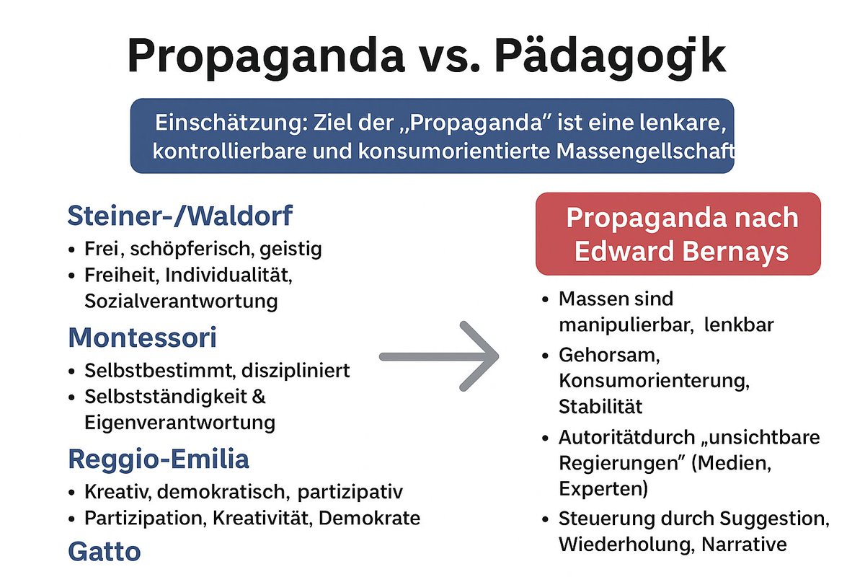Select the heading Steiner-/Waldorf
point(180,215)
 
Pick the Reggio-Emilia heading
point(159,459)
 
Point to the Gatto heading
point(104,552)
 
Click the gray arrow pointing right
point(440,356)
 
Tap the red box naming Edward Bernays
point(678,234)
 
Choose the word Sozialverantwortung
point(181,301)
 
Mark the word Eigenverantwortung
point(179,422)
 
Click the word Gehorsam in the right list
point(600,356)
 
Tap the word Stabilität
point(600,407)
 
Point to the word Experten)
point(603,489)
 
